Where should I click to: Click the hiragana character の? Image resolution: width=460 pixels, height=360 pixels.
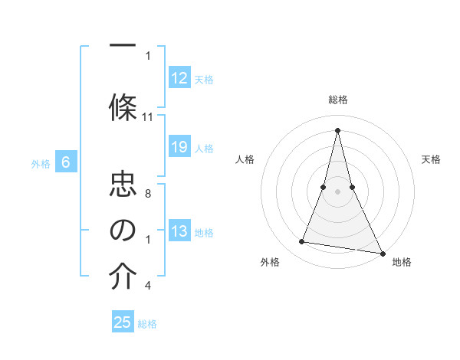tap(123, 231)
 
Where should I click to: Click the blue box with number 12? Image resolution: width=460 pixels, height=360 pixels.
tap(179, 78)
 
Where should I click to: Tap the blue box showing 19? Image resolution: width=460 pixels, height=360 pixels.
tap(179, 147)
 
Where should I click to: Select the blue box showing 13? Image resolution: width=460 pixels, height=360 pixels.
tap(179, 231)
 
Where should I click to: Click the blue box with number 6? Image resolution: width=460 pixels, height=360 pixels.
tap(66, 162)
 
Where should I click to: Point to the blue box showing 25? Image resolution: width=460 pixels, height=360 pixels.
tap(123, 322)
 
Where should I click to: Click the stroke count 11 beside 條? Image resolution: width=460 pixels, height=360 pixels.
tap(148, 117)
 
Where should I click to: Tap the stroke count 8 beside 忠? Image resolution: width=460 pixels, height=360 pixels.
tap(148, 195)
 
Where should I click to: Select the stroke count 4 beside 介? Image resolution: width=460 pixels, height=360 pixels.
tap(148, 286)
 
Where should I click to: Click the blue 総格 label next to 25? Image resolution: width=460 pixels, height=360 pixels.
tap(147, 324)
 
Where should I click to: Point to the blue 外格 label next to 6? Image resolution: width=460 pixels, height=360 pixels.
tap(41, 163)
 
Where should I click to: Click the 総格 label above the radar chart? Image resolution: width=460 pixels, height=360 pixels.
tap(338, 100)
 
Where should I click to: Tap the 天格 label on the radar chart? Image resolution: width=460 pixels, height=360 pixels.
tap(431, 159)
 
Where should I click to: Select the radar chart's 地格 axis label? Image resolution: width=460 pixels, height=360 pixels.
tap(402, 262)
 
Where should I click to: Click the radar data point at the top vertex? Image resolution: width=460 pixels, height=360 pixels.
tap(337, 130)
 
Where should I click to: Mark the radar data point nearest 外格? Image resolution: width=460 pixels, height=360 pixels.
tap(302, 242)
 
